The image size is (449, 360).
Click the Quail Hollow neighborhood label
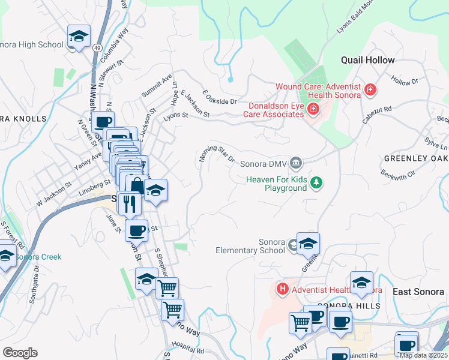[368, 60]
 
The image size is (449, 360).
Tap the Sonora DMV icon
[295, 163]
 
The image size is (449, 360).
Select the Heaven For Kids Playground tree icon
[316, 183]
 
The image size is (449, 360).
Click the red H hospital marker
[282, 290]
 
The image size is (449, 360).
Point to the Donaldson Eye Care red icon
[312, 109]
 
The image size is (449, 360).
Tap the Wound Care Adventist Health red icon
[370, 91]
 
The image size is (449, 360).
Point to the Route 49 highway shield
[97, 46]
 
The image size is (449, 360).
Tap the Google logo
[20, 353]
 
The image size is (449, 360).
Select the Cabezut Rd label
[376, 115]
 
